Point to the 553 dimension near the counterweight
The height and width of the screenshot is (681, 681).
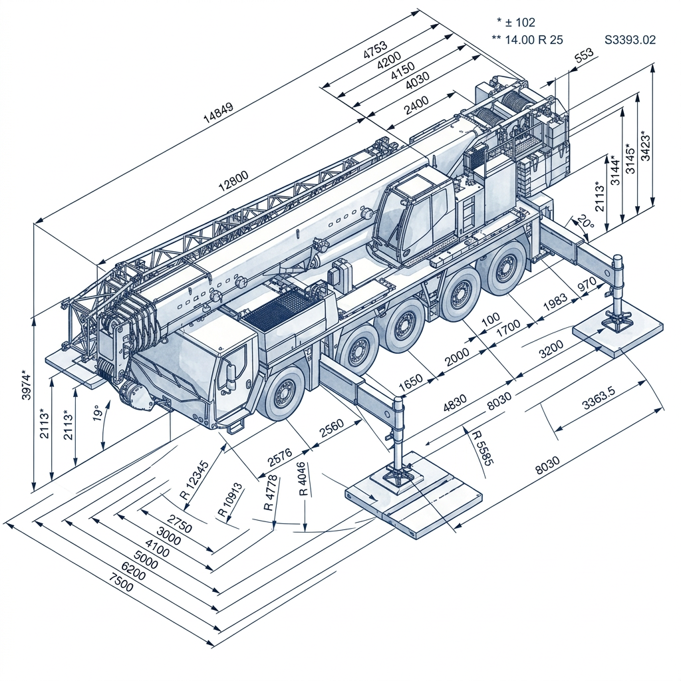(583, 56)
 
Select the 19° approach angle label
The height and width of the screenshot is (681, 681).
(98, 414)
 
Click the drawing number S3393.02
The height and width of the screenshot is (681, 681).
(630, 40)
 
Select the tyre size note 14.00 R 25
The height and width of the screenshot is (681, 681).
(533, 40)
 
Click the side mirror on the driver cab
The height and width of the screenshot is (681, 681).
(231, 376)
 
